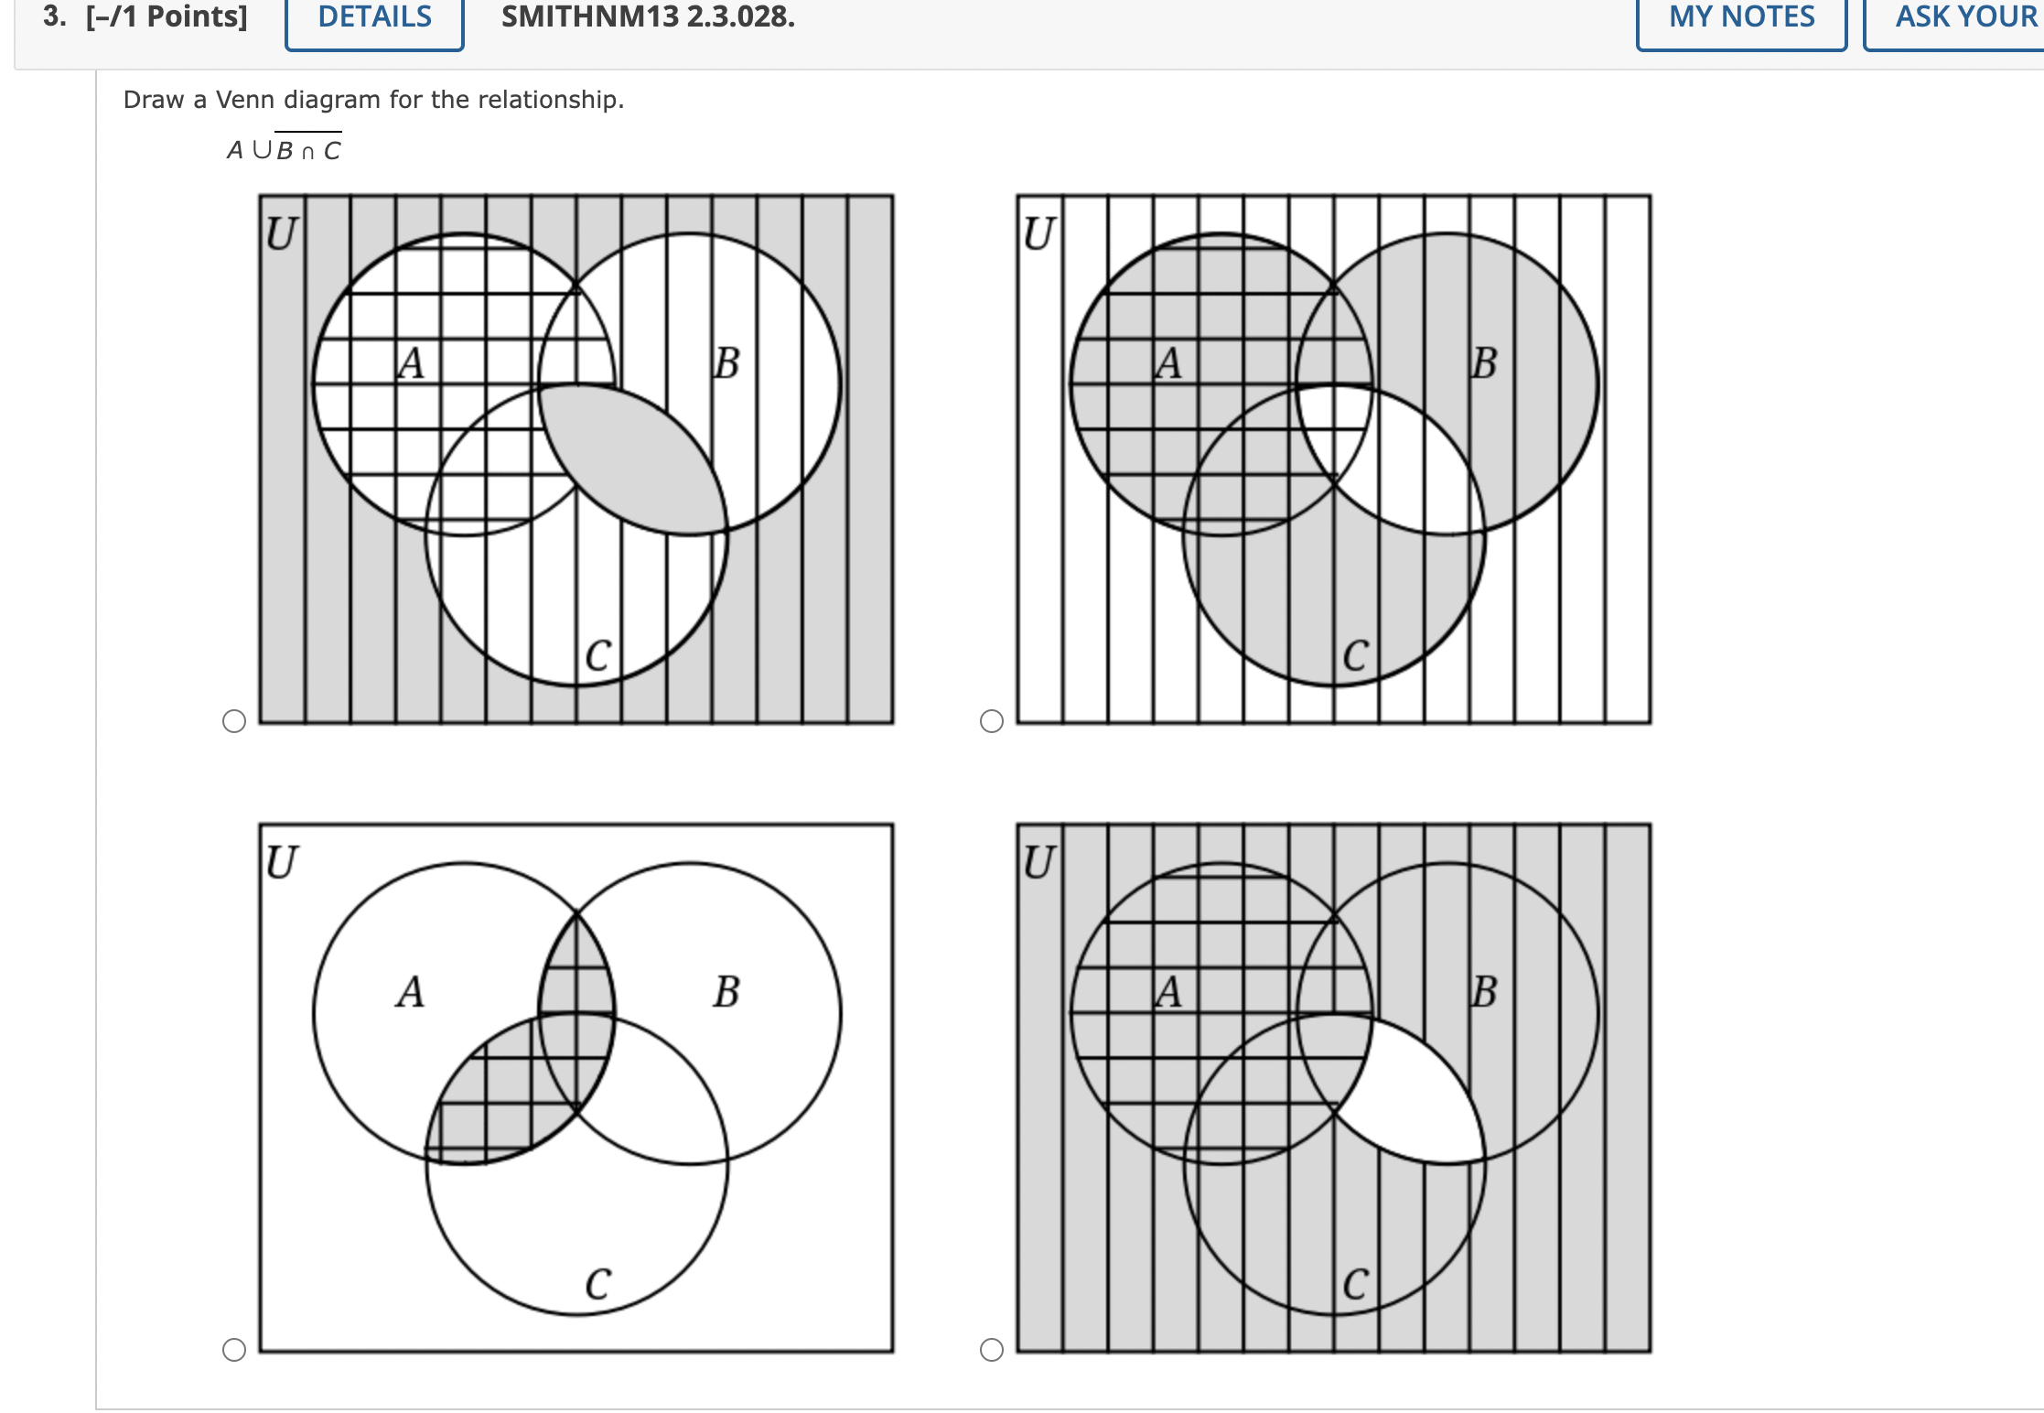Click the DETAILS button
(x=374, y=18)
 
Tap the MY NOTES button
(x=1740, y=18)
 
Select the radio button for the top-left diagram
(x=234, y=721)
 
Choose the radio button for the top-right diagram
(x=991, y=721)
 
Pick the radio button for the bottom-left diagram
(x=234, y=1350)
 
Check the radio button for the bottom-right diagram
(x=991, y=1350)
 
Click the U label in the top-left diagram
(x=281, y=233)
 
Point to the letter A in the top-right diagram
(x=1168, y=362)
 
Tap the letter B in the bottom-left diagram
(x=726, y=992)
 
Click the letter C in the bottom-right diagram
(x=1355, y=1284)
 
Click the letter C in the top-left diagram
(x=597, y=655)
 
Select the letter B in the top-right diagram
(x=1484, y=362)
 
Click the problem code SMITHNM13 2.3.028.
(x=648, y=16)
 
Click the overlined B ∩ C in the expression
(x=308, y=149)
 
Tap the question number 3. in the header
(x=54, y=16)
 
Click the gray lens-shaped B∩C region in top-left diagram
(x=631, y=458)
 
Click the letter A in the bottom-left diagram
(x=411, y=992)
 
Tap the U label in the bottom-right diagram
(x=1038, y=862)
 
